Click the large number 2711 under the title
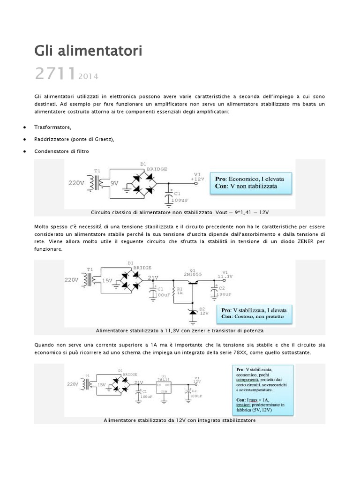pyautogui.click(x=55, y=74)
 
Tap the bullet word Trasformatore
pyautogui.click(x=52, y=127)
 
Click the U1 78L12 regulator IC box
pyautogui.click(x=164, y=386)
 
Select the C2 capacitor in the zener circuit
pyautogui.click(x=215, y=292)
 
